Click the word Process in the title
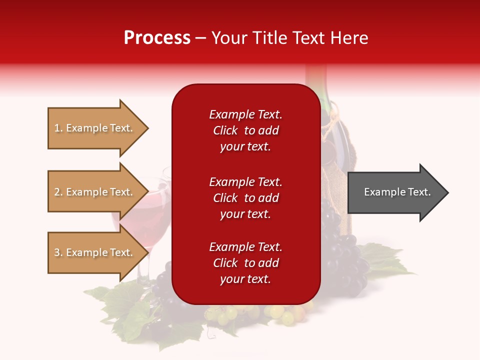click(x=157, y=38)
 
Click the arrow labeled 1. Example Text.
click(x=95, y=128)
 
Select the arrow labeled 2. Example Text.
click(x=95, y=192)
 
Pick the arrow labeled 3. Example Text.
click(x=95, y=252)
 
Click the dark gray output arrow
click(x=395, y=192)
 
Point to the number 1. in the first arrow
click(x=58, y=128)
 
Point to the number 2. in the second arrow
click(x=58, y=192)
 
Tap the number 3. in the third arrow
click(x=58, y=252)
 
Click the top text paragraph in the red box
click(x=245, y=130)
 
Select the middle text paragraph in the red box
click(x=245, y=198)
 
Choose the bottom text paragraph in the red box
click(x=245, y=263)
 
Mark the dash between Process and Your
click(x=201, y=38)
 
